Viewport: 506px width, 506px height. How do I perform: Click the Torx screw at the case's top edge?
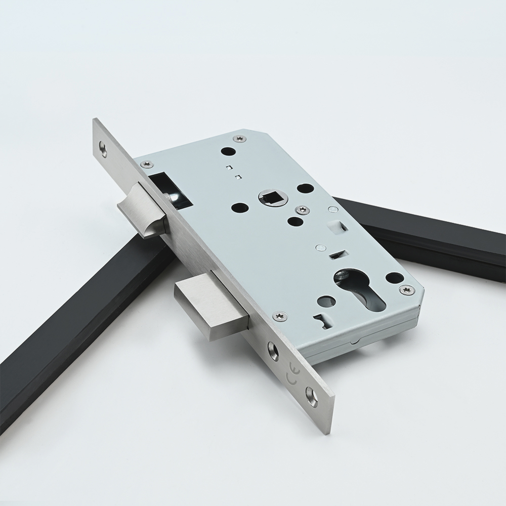point(237,139)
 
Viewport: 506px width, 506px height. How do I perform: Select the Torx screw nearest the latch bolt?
point(147,163)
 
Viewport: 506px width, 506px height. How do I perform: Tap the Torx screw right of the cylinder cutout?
point(406,288)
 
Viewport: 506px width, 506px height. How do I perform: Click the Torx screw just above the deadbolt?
point(278,316)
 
